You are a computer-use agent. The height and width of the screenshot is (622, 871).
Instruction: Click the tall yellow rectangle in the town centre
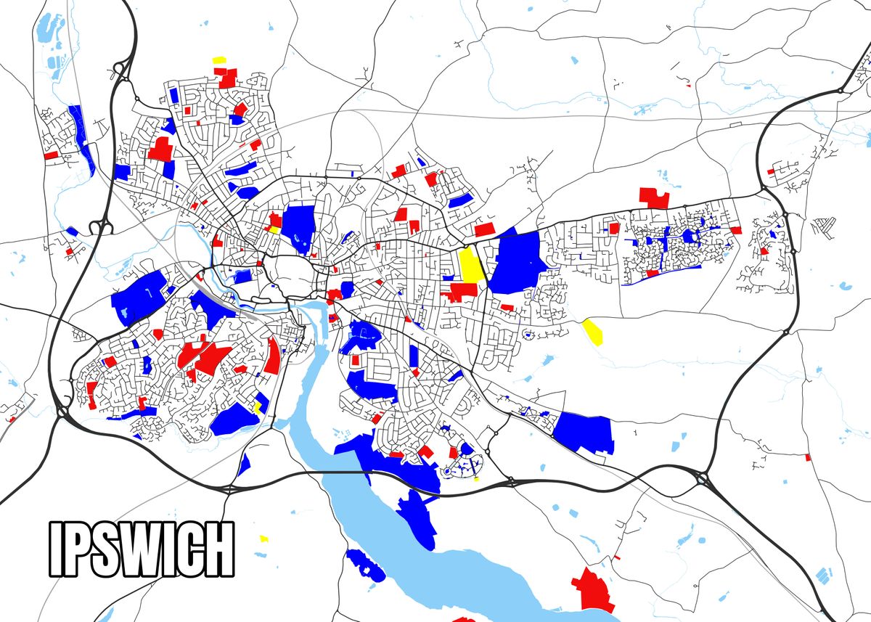coord(470,264)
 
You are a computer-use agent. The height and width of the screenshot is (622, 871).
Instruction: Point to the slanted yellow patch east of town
coord(592,331)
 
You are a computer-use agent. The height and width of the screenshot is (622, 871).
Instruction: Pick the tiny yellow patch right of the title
coord(263,539)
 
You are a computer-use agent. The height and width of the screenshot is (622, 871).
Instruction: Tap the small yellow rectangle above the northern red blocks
coord(218,60)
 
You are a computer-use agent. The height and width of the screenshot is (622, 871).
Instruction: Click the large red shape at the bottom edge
coord(594,589)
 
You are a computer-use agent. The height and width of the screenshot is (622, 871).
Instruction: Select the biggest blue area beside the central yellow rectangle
coord(518,261)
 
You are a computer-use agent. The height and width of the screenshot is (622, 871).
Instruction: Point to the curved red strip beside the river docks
coord(273,356)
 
